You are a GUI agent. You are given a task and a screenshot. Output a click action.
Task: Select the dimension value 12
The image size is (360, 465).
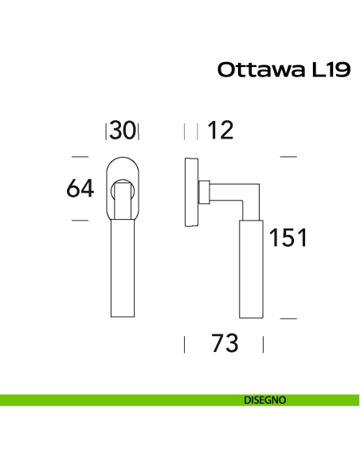click(x=220, y=131)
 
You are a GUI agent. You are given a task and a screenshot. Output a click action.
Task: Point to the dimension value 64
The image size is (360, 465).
click(x=80, y=189)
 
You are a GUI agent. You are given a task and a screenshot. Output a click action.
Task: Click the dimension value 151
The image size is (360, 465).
click(x=288, y=237)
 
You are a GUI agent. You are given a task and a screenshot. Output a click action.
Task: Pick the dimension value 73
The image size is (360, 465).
click(x=225, y=344)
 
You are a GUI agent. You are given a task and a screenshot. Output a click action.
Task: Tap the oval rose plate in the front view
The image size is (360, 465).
click(x=123, y=166)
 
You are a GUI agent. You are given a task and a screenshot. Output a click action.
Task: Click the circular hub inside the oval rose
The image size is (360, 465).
click(x=123, y=191)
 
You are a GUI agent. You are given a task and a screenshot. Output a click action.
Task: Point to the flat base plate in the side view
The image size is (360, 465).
click(x=190, y=191)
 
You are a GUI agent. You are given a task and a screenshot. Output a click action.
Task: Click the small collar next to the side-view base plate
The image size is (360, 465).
click(x=204, y=191)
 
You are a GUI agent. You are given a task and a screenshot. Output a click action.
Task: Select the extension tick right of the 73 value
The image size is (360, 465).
click(x=264, y=344)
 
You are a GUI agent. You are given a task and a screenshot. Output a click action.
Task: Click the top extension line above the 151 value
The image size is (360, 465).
click(x=288, y=157)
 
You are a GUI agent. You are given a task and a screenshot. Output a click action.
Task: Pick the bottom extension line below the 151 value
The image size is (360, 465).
click(x=288, y=318)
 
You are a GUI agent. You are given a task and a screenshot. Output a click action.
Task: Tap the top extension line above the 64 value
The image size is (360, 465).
click(x=80, y=157)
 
